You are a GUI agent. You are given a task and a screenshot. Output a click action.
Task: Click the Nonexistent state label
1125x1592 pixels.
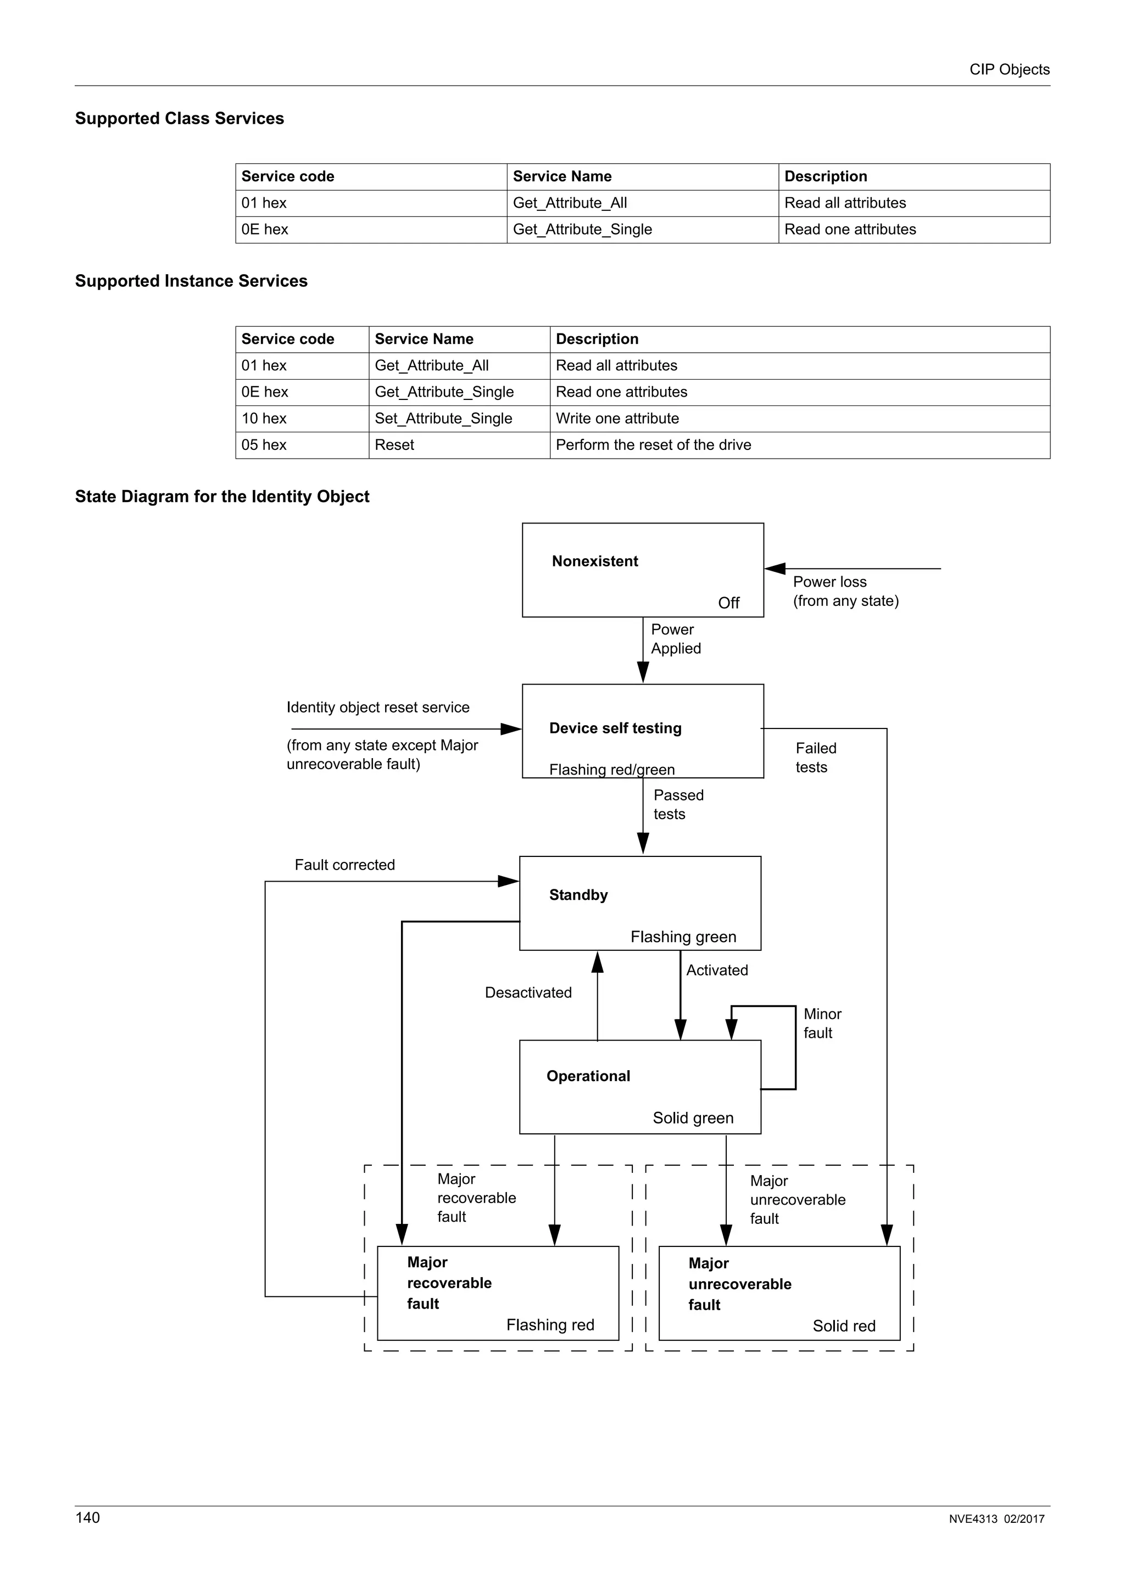pos(595,561)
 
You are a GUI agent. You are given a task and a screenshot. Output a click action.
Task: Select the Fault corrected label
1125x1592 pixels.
pos(344,865)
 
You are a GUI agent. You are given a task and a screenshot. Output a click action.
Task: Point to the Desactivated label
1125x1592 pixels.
pos(528,992)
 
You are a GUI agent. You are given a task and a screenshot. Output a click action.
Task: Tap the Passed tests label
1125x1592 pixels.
pos(678,804)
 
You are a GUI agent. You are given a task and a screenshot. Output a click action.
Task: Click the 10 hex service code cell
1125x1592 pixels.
pos(264,418)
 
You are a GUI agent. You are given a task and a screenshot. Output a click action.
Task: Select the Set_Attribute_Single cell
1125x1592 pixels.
pos(443,418)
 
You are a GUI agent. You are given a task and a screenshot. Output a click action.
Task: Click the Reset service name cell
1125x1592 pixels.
pos(394,444)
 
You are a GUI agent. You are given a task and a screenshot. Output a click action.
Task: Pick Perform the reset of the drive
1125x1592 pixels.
pos(653,444)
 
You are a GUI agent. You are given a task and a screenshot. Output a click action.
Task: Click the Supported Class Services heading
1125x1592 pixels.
pos(180,119)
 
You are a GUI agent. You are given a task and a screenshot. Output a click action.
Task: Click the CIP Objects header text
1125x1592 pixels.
pos(1009,69)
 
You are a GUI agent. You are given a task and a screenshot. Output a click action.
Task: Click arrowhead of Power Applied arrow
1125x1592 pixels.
pos(643,672)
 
